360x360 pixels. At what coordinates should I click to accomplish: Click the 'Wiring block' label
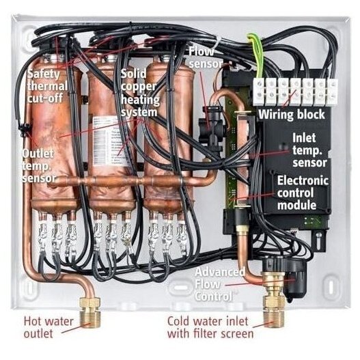[292, 115]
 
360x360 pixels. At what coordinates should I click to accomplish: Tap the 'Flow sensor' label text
[206, 58]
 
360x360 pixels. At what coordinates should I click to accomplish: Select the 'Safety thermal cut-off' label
[47, 86]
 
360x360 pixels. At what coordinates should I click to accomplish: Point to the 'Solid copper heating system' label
[140, 93]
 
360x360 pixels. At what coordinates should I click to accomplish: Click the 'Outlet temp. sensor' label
[38, 166]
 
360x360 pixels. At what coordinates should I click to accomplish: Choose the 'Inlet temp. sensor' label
[309, 150]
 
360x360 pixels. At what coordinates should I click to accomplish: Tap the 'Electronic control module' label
[303, 193]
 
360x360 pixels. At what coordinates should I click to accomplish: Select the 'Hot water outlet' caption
[49, 327]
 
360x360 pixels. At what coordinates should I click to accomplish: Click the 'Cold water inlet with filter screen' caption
[210, 327]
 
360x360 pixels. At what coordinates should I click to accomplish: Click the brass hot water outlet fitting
[90, 313]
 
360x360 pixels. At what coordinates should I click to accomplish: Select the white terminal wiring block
[295, 92]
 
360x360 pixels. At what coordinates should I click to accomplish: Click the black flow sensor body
[211, 130]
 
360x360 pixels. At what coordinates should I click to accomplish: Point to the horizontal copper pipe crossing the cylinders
[128, 181]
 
